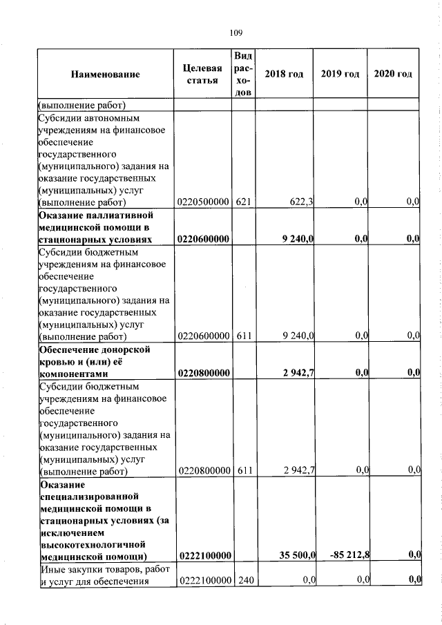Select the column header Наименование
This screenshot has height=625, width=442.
pos(105,75)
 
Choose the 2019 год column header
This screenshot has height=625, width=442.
pos(340,75)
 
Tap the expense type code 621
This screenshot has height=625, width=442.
pos(242,202)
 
